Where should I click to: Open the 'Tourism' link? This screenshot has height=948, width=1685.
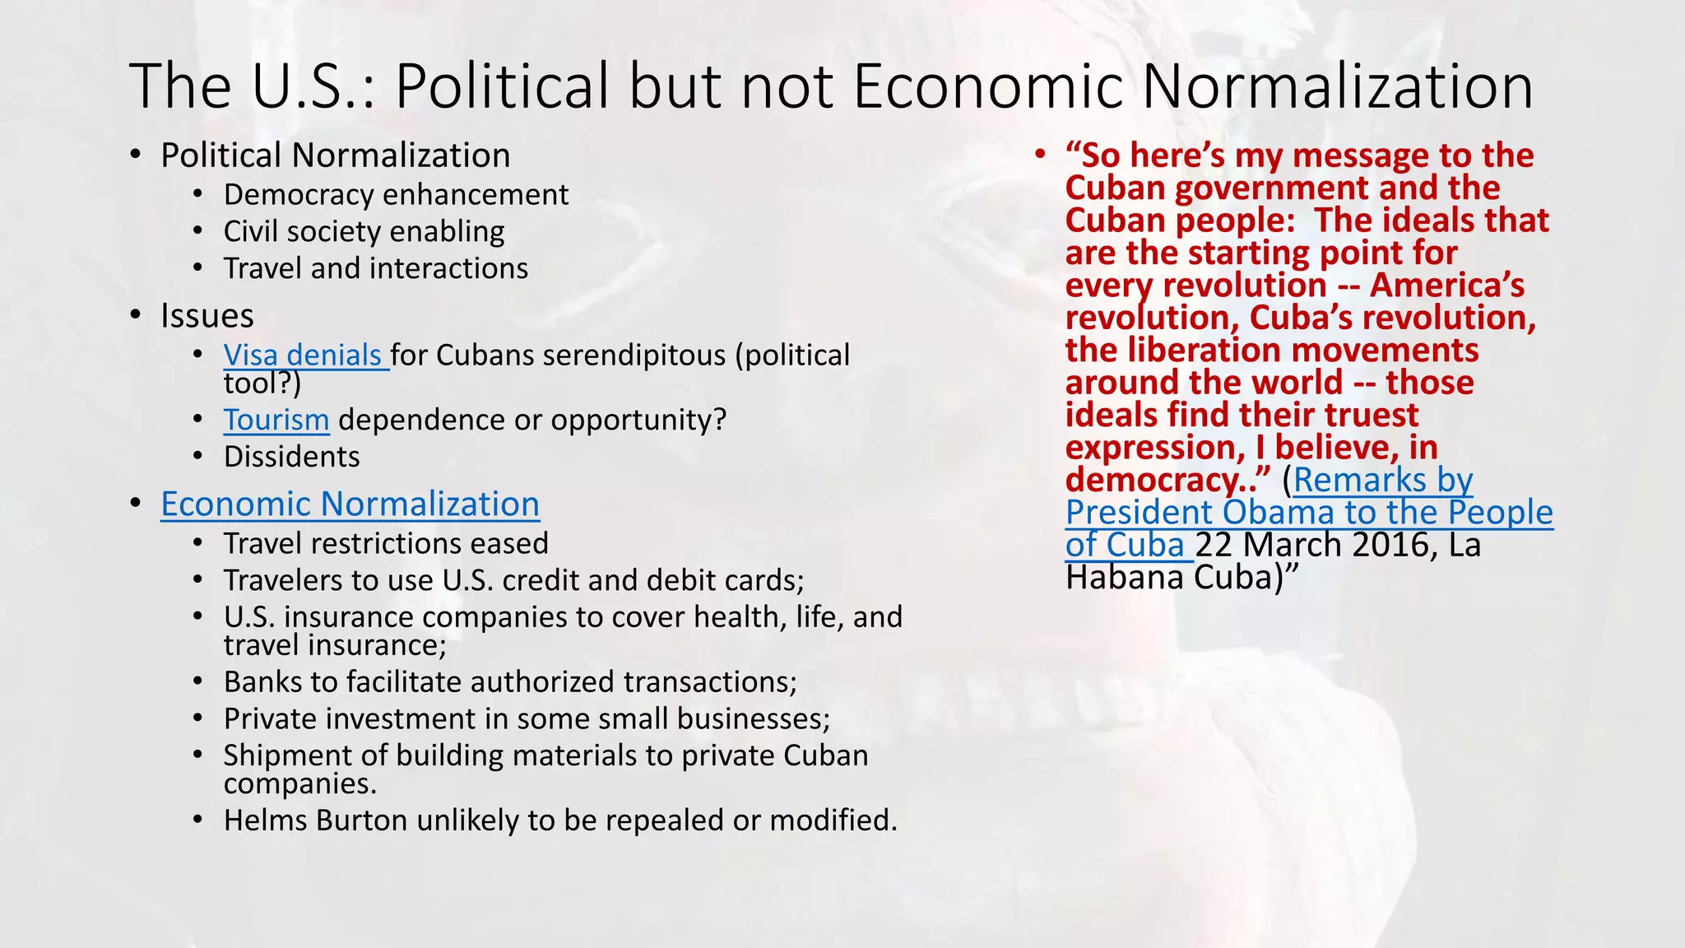tap(276, 420)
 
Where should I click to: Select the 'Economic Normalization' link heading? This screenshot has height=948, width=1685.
tap(350, 504)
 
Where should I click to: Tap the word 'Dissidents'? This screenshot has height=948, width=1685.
tap(292, 457)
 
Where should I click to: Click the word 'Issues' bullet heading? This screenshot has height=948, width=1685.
tap(207, 316)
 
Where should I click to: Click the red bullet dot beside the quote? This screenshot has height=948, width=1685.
tap(1040, 155)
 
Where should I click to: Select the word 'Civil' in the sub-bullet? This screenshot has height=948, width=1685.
tap(249, 232)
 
